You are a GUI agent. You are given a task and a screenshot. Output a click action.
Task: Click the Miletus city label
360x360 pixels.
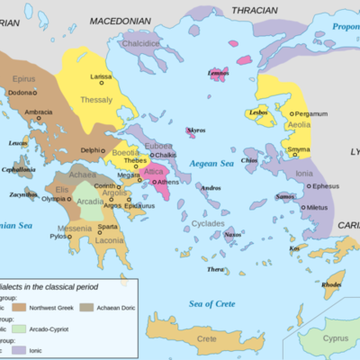[317, 208]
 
